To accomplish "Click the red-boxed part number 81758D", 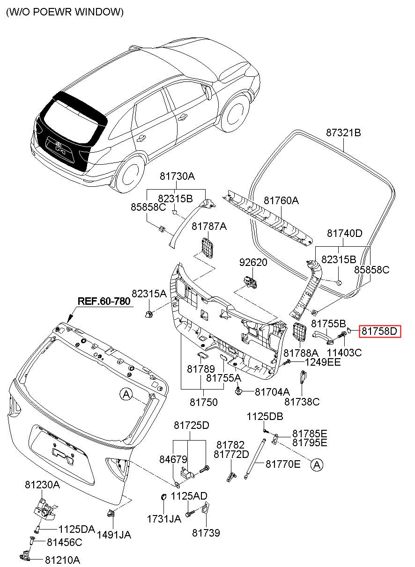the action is pos(379,331).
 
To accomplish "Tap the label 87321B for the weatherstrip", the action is pos(343,133).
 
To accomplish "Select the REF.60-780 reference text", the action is pos(104,301).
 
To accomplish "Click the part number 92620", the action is pos(253,262).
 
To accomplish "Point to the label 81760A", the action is pos(281,201).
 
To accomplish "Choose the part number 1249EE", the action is pos(322,362).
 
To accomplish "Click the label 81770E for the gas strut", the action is pos(283,464).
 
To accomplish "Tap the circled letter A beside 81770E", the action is pos(317,465).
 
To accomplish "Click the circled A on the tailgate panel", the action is pos(126,394).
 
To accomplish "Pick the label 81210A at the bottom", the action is pos(63,560).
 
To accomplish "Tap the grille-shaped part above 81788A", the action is pos(299,332).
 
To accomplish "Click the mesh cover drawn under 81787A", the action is pos(207,248).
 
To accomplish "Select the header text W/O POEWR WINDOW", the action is pos(65,12).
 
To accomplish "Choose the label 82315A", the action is pos(149,294).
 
